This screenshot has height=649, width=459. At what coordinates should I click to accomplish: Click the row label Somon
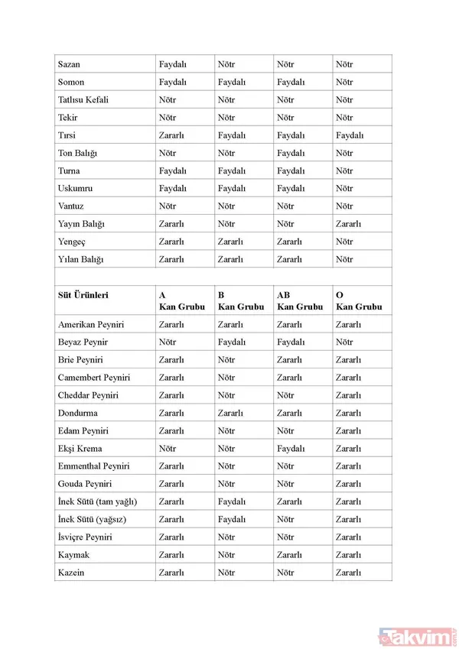[x=71, y=83]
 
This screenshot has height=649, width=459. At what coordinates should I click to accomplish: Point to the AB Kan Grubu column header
[x=299, y=300]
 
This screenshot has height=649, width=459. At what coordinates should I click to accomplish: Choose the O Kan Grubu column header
[x=359, y=300]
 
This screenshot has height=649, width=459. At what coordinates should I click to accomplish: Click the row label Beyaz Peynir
[x=83, y=342]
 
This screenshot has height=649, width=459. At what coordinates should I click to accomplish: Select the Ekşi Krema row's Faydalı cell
[x=291, y=449]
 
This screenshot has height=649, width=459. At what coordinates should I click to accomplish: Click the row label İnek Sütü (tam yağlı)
[x=97, y=501]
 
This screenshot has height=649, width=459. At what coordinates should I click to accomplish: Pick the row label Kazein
[x=72, y=572]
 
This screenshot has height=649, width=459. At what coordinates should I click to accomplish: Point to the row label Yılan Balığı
[x=80, y=259]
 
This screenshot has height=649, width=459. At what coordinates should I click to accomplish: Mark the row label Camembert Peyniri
[x=94, y=378]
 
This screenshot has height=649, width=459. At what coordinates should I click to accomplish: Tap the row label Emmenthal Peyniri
[x=93, y=466]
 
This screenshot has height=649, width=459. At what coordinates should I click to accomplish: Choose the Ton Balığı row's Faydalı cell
[x=291, y=153]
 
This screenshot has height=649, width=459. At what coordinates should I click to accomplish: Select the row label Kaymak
[x=73, y=554]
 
